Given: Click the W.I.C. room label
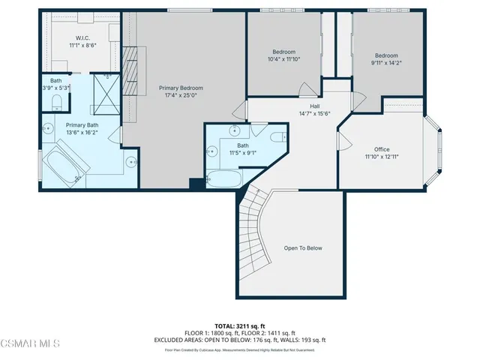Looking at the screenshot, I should (82, 37).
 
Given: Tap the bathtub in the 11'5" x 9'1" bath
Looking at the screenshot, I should (223, 179).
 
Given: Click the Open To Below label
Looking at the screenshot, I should (303, 248).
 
